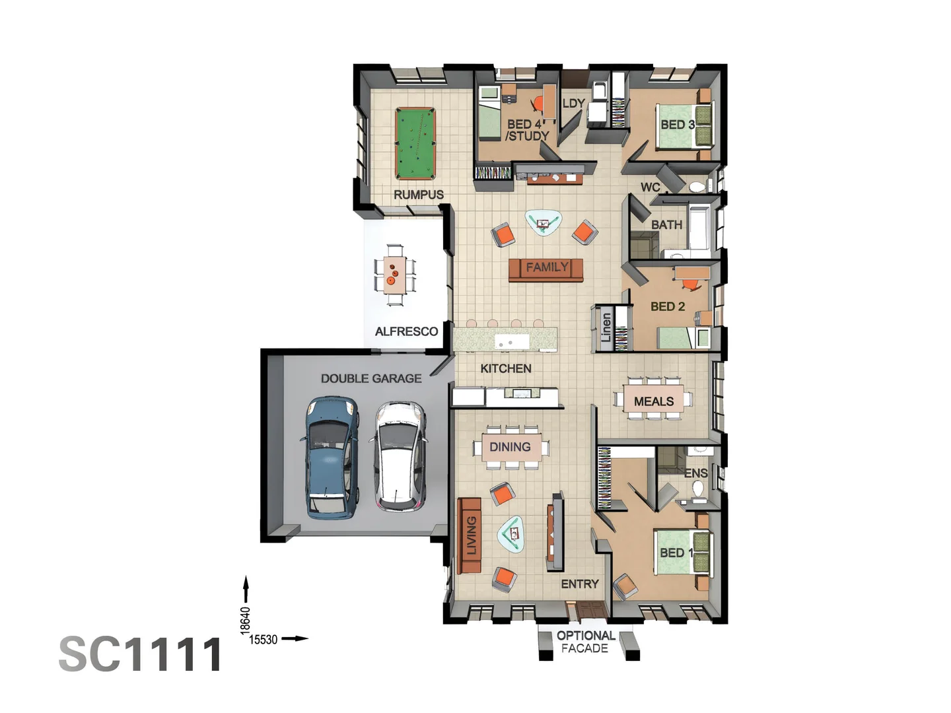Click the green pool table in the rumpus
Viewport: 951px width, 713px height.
pyautogui.click(x=415, y=144)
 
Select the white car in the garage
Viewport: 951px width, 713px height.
pyautogui.click(x=399, y=456)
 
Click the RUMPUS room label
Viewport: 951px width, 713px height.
pyautogui.click(x=419, y=195)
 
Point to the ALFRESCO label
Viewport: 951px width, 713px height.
pyautogui.click(x=406, y=331)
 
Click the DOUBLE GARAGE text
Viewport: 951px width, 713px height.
pyautogui.click(x=371, y=379)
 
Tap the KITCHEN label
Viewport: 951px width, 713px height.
pyautogui.click(x=506, y=369)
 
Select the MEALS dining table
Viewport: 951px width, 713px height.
pyautogui.click(x=653, y=399)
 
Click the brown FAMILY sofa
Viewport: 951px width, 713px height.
pyautogui.click(x=546, y=270)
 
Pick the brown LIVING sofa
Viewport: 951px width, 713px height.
pyautogui.click(x=469, y=535)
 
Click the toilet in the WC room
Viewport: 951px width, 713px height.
pyautogui.click(x=697, y=187)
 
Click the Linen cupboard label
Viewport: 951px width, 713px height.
pyautogui.click(x=606, y=327)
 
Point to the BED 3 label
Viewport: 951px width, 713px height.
pyautogui.click(x=678, y=125)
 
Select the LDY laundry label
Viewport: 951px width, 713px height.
pyautogui.click(x=574, y=104)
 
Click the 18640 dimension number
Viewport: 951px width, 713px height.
pyautogui.click(x=245, y=621)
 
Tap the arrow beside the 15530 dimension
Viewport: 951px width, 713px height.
pyautogui.click(x=295, y=638)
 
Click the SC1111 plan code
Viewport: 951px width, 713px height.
pyautogui.click(x=141, y=654)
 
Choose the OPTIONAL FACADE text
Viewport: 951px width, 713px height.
pyautogui.click(x=585, y=642)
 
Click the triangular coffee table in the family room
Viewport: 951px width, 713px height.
pyautogui.click(x=544, y=223)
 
